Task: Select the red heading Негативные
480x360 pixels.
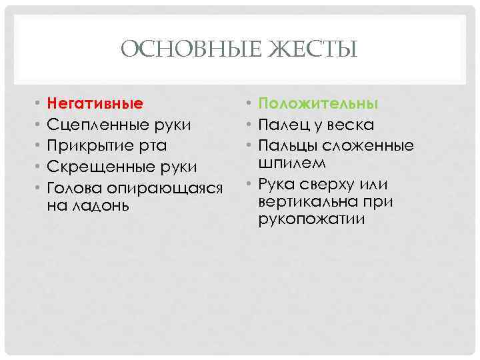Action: [x=95, y=104]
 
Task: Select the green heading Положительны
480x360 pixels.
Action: [x=318, y=104]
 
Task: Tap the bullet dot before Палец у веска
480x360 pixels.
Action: [x=248, y=125]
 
